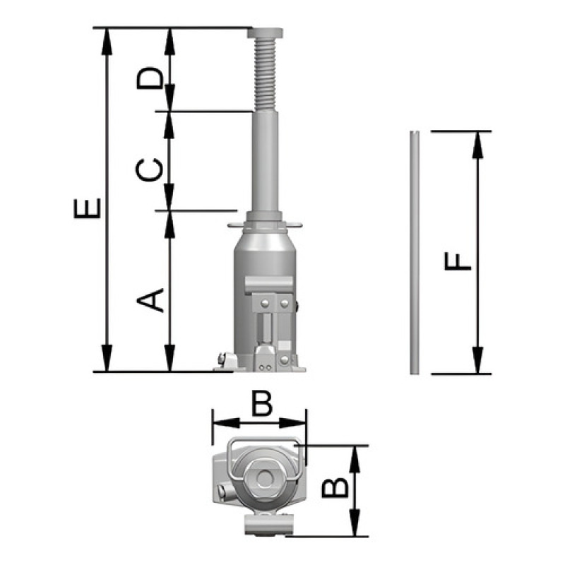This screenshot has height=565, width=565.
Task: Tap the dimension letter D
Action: tap(150, 78)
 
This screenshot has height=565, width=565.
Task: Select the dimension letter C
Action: tap(149, 169)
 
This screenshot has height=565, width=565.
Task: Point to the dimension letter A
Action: tap(150, 299)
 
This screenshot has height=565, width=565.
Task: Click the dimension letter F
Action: tap(458, 261)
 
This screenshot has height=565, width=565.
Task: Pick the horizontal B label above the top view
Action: tap(262, 403)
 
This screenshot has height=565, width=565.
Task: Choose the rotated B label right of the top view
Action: tap(335, 487)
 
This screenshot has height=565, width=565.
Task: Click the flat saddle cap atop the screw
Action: tap(266, 33)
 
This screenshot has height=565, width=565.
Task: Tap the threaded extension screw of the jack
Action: tap(266, 75)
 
